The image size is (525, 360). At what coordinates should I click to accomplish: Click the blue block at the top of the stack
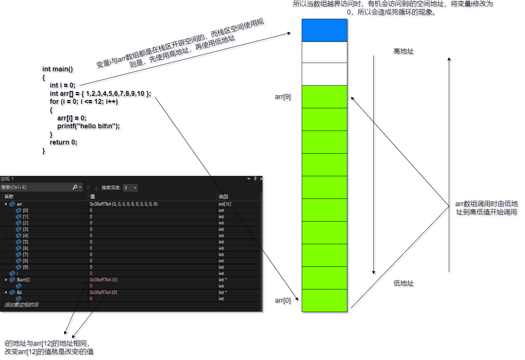click(x=324, y=30)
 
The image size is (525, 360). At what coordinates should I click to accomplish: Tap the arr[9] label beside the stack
click(x=284, y=98)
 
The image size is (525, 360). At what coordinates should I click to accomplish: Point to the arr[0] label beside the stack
click(x=284, y=301)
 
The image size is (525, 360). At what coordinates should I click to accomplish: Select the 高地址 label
click(x=404, y=52)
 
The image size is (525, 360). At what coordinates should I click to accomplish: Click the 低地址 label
click(x=404, y=284)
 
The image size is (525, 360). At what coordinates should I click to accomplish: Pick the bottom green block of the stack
click(x=324, y=301)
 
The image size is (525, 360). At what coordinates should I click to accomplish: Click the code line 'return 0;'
click(x=64, y=143)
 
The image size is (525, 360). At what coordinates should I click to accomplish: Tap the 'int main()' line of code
click(x=59, y=70)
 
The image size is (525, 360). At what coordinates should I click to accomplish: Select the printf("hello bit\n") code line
click(x=89, y=127)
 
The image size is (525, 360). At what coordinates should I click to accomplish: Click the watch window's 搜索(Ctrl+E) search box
click(x=36, y=187)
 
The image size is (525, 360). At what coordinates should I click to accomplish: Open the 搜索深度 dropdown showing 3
click(x=130, y=188)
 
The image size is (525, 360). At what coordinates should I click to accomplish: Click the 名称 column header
click(x=9, y=197)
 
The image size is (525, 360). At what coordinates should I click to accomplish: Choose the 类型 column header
click(x=223, y=197)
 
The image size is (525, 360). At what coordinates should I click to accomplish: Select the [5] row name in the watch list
click(x=25, y=242)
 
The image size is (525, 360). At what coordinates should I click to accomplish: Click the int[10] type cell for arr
click(x=225, y=204)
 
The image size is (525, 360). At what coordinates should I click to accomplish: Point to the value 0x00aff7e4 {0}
click(x=103, y=292)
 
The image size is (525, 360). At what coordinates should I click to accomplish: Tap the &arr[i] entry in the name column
click(x=23, y=280)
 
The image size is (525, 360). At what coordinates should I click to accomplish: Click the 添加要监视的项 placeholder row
click(x=21, y=305)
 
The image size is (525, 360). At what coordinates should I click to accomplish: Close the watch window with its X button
click(x=261, y=179)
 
